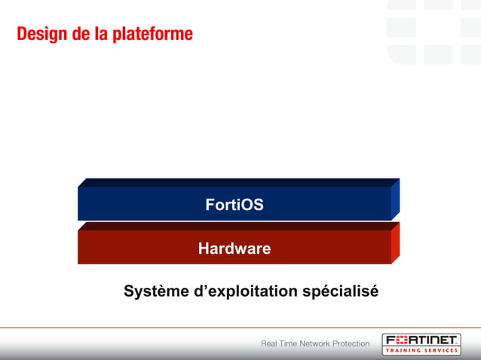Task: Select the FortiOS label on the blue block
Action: pos(234,204)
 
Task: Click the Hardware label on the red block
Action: pos(234,249)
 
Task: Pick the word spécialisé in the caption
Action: pos(340,291)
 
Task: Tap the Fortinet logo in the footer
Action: pos(421,340)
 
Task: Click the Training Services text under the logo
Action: pos(421,350)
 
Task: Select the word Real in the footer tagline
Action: pos(269,344)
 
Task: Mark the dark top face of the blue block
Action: pos(237,182)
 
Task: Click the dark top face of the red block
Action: pos(237,226)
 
